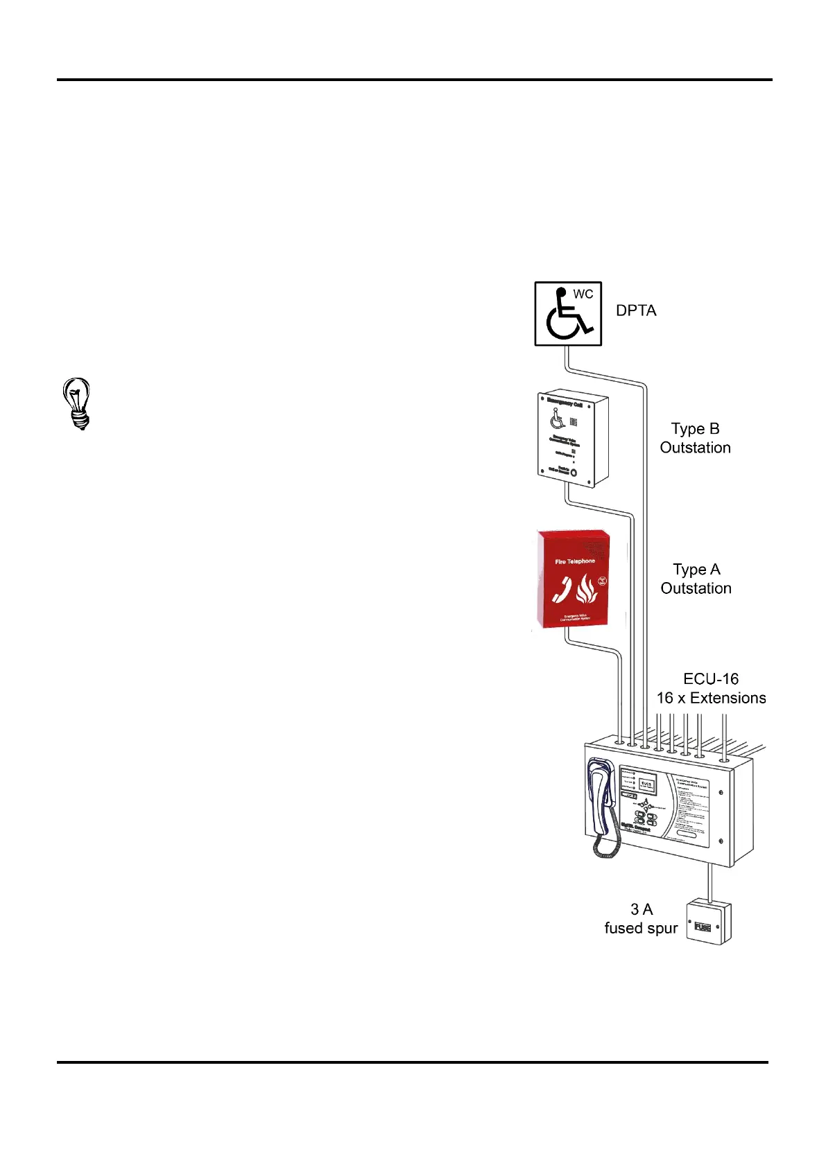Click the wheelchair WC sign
coord(567,313)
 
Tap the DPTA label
coord(636,310)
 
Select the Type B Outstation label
coord(695,438)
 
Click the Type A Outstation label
coord(696,579)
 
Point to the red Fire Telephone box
coord(574,579)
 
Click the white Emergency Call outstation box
coord(573,440)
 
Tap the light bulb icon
coord(77,403)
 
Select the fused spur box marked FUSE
coord(708,922)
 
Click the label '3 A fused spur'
coord(641,919)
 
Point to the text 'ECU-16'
coord(711,679)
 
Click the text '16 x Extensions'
coord(711,698)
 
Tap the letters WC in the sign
coord(583,294)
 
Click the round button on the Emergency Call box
coord(574,472)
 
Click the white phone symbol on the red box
coord(562,590)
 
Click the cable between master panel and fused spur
coord(709,883)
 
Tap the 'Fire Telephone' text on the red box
coord(574,561)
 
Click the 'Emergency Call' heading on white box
coord(565,403)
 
